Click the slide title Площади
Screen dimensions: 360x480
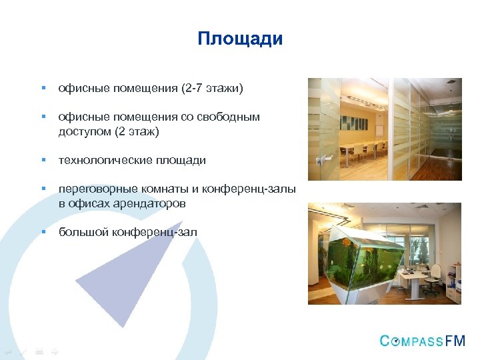tap(240, 39)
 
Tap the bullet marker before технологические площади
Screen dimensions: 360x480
tap(42, 161)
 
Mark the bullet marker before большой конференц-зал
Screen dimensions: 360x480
tap(42, 232)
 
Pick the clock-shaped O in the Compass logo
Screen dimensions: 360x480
tap(396, 341)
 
